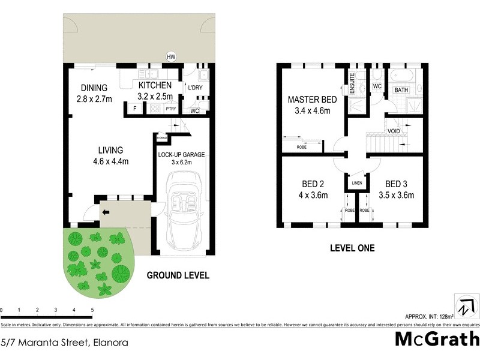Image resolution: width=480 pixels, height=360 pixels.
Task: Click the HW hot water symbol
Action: point(171,57)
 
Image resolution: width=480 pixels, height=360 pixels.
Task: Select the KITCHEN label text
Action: point(155,85)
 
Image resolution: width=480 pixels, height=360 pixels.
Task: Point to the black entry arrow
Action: point(106,212)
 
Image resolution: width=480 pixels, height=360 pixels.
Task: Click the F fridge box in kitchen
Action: point(134,109)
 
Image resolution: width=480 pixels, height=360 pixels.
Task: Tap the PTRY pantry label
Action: point(171,109)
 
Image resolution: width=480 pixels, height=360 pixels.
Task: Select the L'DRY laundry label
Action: point(196,88)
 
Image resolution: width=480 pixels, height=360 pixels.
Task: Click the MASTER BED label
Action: point(312,100)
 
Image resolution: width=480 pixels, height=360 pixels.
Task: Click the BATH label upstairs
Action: point(401,90)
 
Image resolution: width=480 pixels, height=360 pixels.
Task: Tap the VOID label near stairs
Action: point(394,131)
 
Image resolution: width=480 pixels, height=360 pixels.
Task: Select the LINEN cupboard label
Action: point(356,183)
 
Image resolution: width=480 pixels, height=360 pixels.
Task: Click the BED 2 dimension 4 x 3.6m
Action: point(312,195)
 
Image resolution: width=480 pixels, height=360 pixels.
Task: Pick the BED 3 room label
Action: point(397,184)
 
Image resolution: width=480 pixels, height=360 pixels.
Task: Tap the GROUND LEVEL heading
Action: point(178,276)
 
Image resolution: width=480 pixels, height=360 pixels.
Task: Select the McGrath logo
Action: point(436,339)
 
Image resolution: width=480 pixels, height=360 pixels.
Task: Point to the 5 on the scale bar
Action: point(92,310)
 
